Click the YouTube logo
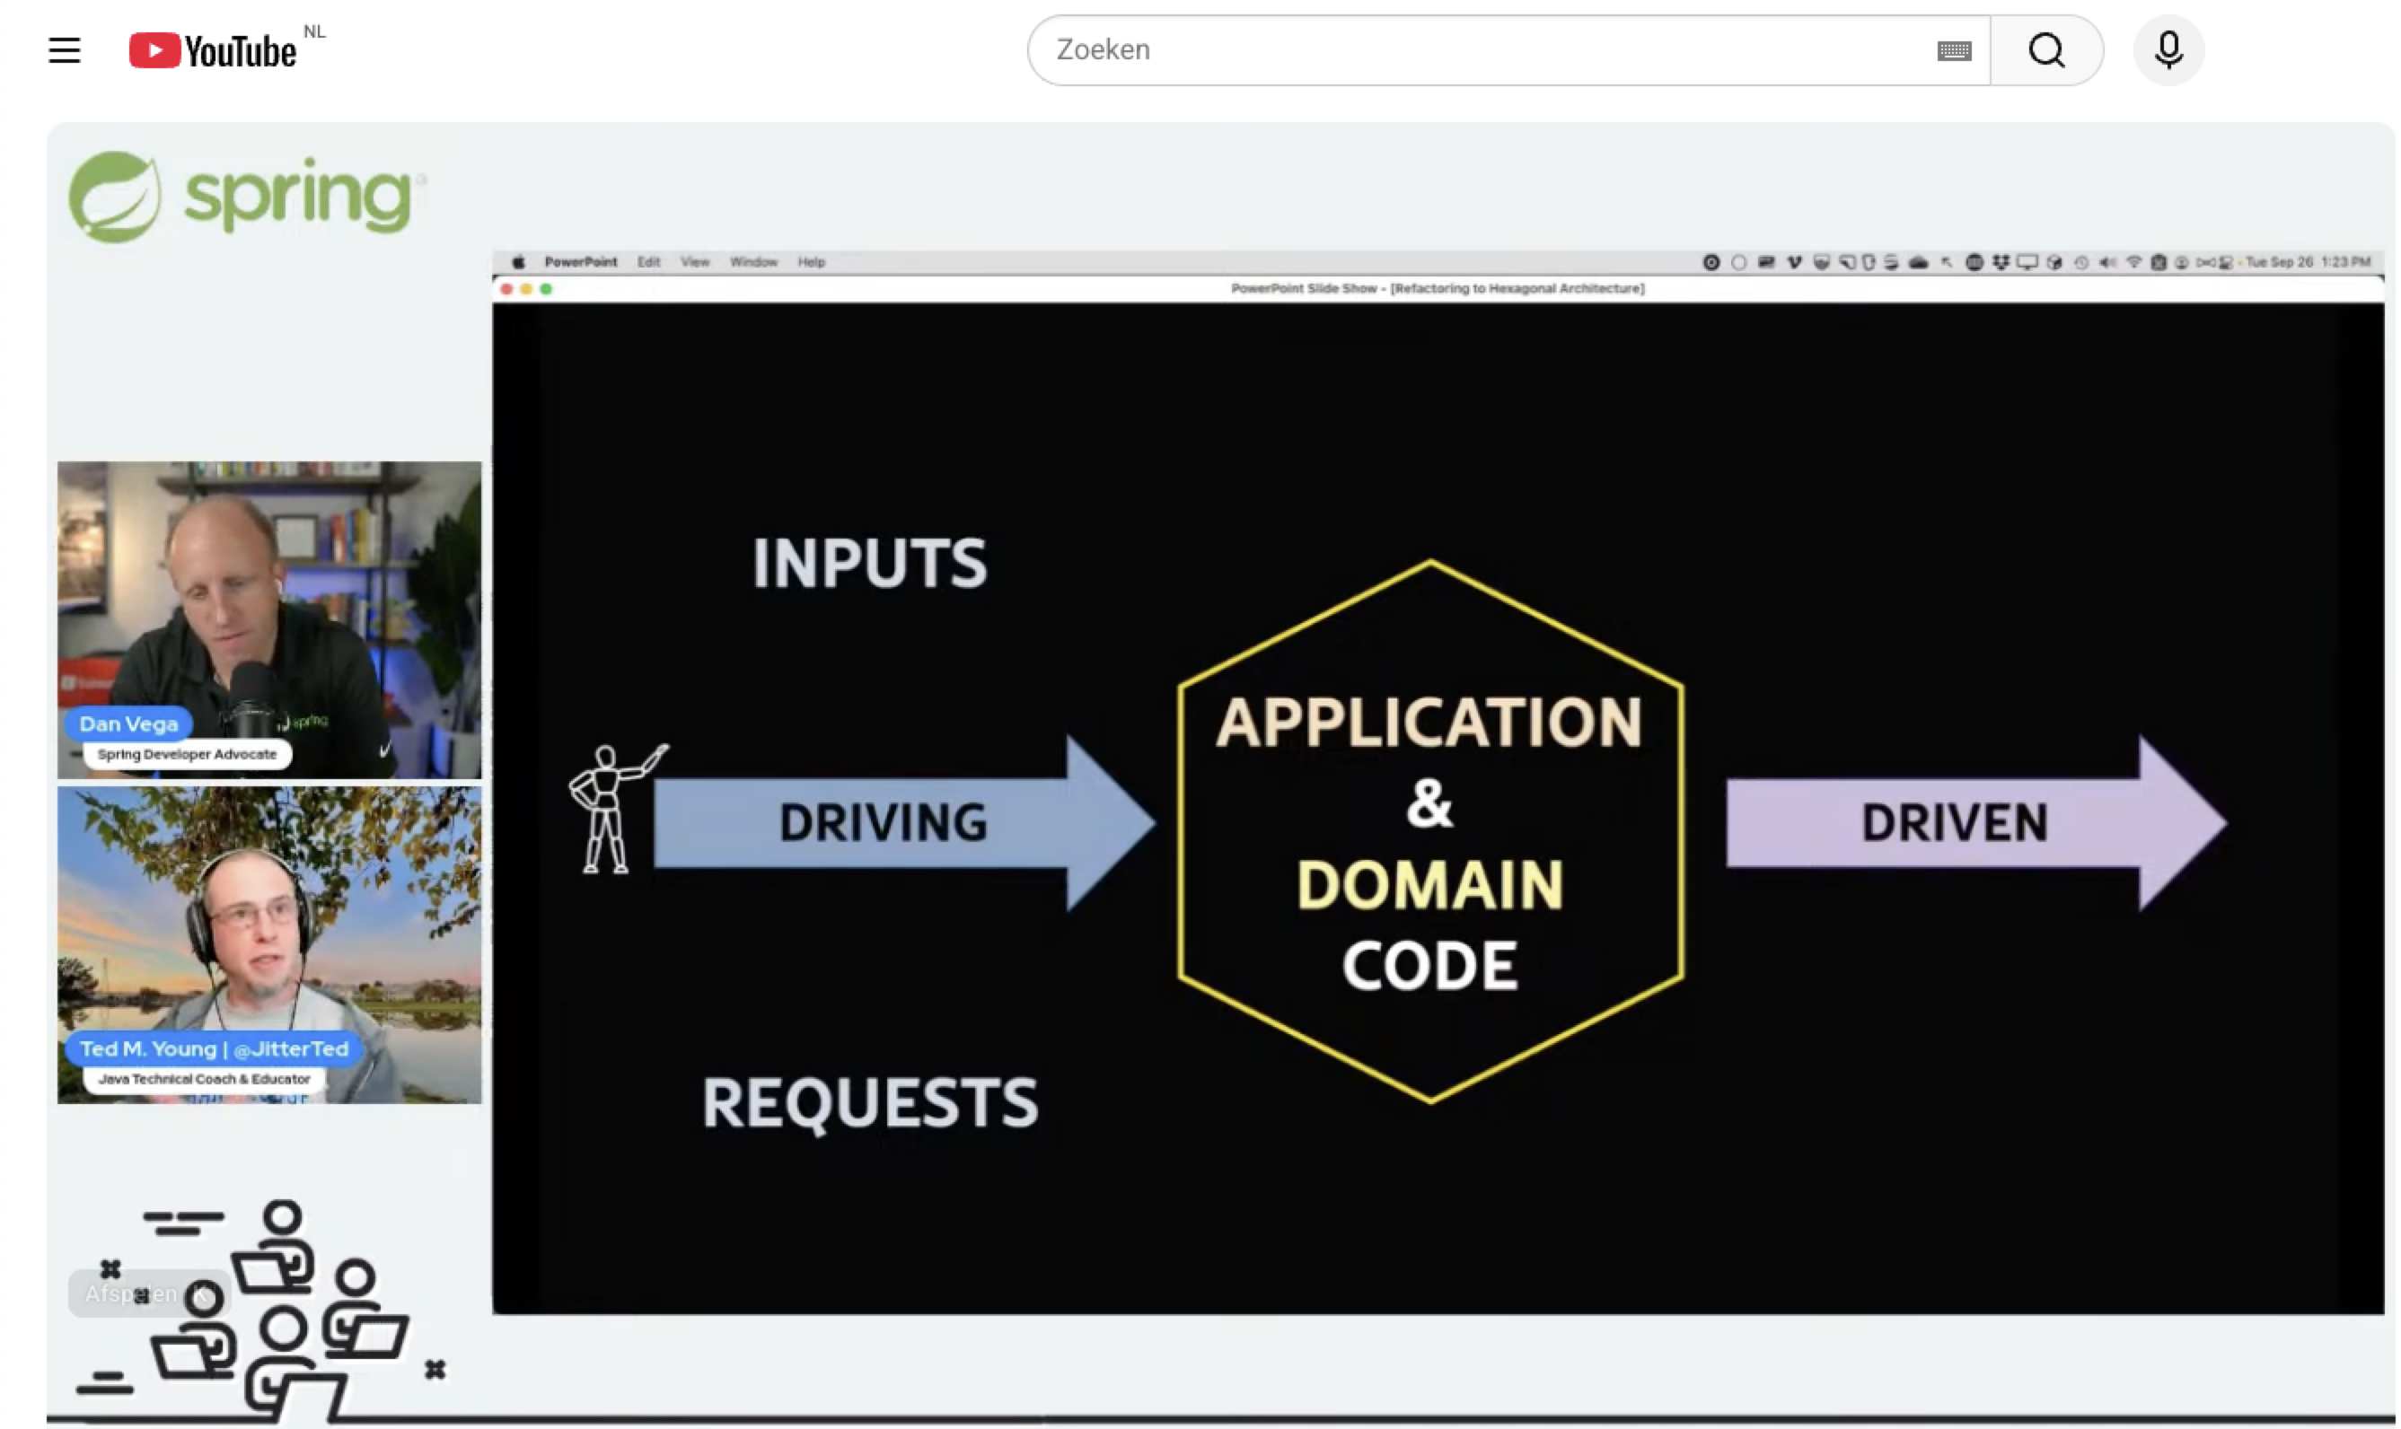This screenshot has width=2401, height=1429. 213,50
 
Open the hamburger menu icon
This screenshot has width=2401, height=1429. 65,50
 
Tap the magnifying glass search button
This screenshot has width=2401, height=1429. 2045,50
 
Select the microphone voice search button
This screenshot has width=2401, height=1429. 2168,50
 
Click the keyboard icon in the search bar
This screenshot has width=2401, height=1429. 1953,51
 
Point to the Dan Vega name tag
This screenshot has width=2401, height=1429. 129,724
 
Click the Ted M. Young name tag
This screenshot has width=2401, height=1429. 214,1048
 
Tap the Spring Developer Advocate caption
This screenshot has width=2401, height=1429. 187,754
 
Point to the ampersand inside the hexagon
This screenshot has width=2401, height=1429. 1429,804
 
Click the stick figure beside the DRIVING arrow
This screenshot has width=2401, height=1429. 607,809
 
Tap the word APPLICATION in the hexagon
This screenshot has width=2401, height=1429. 1429,723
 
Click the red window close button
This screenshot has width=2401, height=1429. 506,289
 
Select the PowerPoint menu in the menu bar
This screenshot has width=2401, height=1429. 580,262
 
